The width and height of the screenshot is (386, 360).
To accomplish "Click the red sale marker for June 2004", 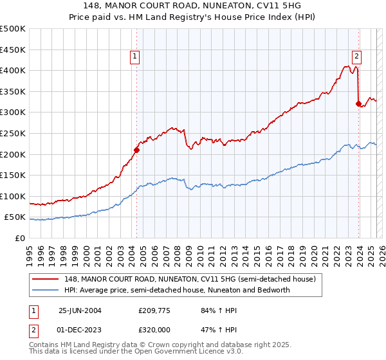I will (136, 150).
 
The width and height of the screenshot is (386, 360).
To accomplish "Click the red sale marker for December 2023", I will (358, 104).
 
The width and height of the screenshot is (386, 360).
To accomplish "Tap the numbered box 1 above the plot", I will (136, 57).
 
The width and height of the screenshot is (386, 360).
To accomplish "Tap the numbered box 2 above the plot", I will (356, 57).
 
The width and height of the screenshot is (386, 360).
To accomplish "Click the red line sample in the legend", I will (47, 280).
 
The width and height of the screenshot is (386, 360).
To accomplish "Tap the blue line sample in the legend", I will (47, 290).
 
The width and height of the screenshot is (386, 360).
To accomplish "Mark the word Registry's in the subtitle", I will (199, 18).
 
